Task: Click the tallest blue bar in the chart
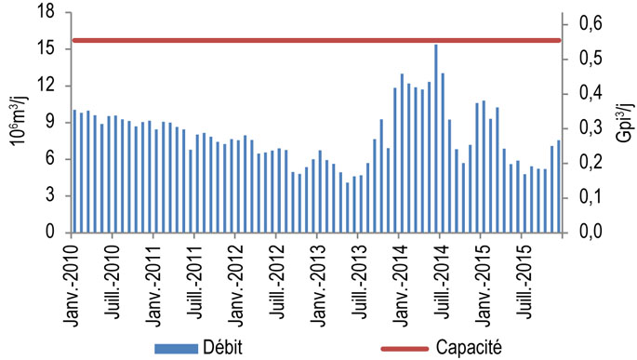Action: coord(435,140)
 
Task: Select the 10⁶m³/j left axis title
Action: coord(16,121)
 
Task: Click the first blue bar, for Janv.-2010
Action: coord(74,172)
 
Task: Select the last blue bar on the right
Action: coord(558,187)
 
